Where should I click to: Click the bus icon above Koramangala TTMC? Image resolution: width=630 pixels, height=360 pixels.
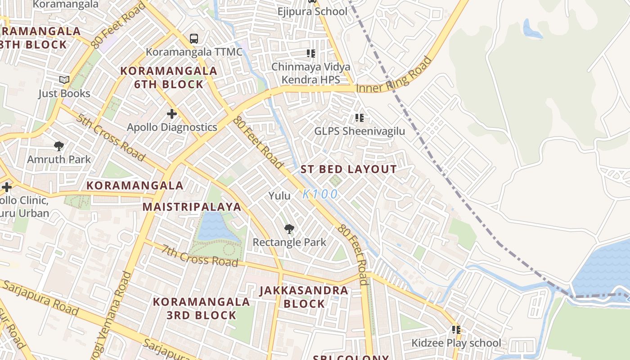pyautogui.click(x=194, y=39)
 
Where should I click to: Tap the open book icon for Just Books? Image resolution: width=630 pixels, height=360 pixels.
pyautogui.click(x=64, y=80)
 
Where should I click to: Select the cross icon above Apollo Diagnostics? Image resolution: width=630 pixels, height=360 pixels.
pyautogui.click(x=171, y=114)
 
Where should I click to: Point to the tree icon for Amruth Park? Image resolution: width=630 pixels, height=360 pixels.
pyautogui.click(x=58, y=146)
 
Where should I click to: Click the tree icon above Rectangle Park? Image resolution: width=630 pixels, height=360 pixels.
pyautogui.click(x=289, y=229)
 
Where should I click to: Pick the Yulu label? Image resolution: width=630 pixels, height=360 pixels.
pyautogui.click(x=279, y=195)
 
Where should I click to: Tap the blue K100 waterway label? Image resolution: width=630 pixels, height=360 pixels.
pyautogui.click(x=320, y=194)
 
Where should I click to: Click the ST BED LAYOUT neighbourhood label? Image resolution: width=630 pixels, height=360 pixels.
pyautogui.click(x=349, y=170)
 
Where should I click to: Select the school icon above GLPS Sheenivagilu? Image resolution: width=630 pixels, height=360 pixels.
pyautogui.click(x=359, y=118)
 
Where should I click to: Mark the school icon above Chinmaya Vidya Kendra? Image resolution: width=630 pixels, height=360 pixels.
pyautogui.click(x=310, y=54)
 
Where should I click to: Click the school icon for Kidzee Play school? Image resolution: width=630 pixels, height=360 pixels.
pyautogui.click(x=456, y=330)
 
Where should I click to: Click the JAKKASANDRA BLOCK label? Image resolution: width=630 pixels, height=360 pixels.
pyautogui.click(x=304, y=297)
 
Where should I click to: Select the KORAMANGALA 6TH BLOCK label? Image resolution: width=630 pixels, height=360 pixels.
pyautogui.click(x=169, y=77)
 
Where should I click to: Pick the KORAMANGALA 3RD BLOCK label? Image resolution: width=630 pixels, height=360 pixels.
pyautogui.click(x=201, y=308)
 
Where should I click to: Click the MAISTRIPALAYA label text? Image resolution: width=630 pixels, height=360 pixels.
pyautogui.click(x=192, y=207)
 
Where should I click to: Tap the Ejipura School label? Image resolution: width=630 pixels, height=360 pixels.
pyautogui.click(x=312, y=11)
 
